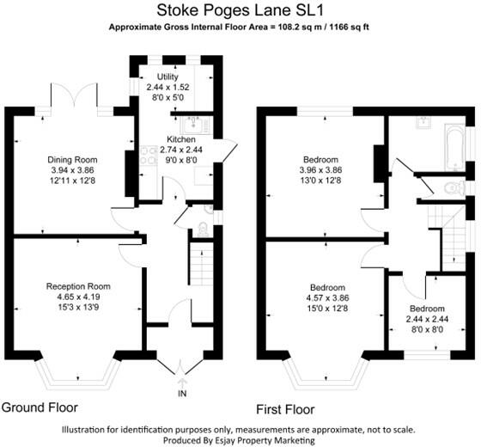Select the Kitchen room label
pyautogui.click(x=181, y=139)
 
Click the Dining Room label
pyautogui.click(x=72, y=160)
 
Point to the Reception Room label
pyautogui.click(x=78, y=285)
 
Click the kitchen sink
pyautogui.click(x=191, y=121)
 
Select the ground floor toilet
pyautogui.click(x=202, y=228)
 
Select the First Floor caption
pyautogui.click(x=285, y=408)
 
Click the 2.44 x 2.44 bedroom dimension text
pyautogui.click(x=427, y=318)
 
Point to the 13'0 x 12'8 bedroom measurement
pyautogui.click(x=320, y=181)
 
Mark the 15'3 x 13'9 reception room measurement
pyautogui.click(x=78, y=307)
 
